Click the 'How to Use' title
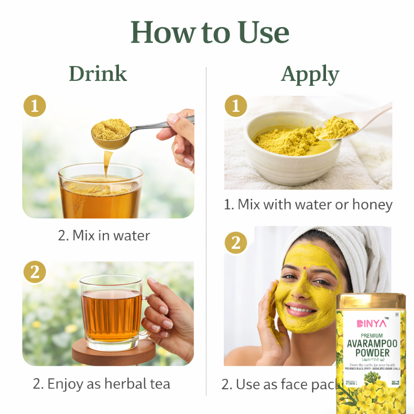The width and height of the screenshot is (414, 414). [210, 32]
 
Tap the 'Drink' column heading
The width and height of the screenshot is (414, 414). [98, 74]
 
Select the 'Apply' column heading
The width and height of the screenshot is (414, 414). [310, 75]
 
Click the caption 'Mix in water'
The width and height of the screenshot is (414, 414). [104, 236]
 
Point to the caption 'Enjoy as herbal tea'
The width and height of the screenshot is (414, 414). [101, 384]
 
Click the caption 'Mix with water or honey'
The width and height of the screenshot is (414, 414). [308, 205]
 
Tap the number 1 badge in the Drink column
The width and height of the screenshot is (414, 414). [35, 106]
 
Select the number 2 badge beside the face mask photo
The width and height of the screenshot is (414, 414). [236, 243]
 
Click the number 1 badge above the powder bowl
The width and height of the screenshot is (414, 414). [236, 106]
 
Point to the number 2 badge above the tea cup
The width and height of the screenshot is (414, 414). [35, 272]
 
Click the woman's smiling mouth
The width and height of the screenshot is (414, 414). [301, 309]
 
